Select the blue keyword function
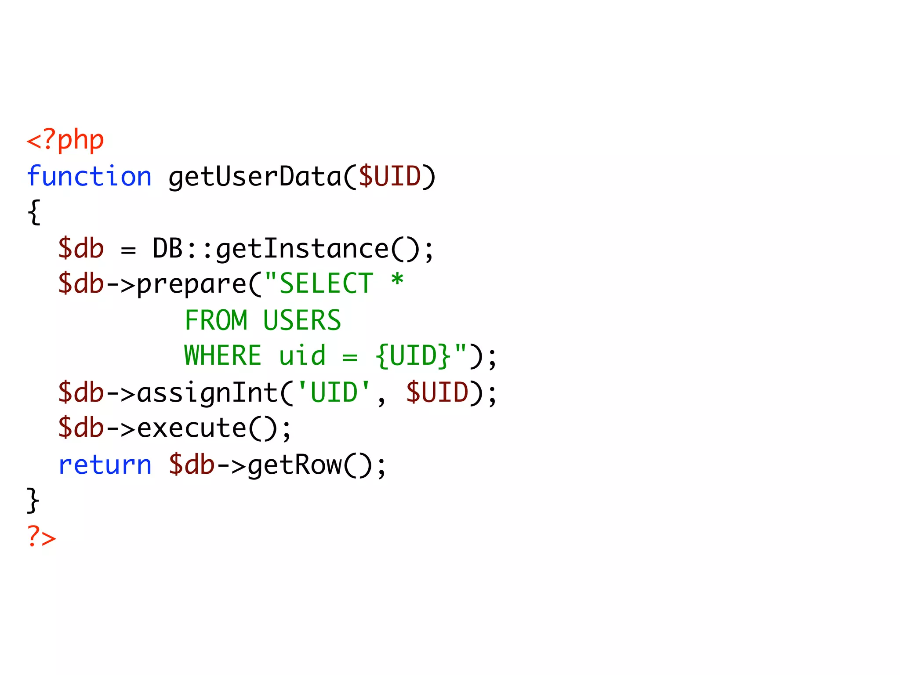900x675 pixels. point(89,177)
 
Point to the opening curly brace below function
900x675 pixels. point(34,212)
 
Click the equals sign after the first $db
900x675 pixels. point(128,250)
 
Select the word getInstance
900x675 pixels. point(302,249)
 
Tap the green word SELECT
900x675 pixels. point(326,284)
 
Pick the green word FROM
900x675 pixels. point(216,320)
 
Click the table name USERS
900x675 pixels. point(302,320)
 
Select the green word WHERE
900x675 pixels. point(223,356)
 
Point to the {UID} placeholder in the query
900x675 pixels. point(413,356)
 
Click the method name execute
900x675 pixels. point(192,428)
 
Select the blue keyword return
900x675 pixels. point(105,465)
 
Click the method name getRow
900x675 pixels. point(295,466)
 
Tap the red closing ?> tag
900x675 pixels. point(42,537)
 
